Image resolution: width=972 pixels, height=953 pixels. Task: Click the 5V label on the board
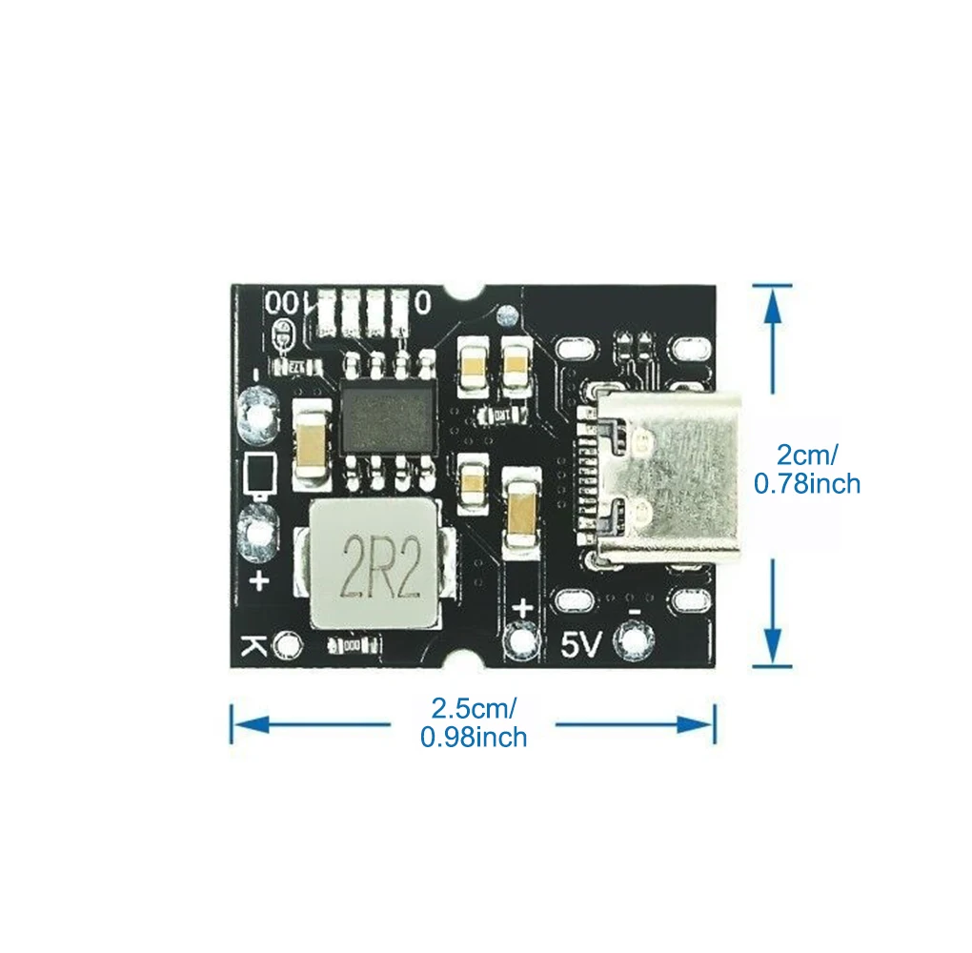click(579, 646)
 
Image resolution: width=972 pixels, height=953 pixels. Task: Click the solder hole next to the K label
click(286, 647)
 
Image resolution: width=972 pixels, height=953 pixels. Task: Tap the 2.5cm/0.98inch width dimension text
click(474, 722)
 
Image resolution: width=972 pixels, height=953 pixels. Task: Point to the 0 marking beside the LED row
click(422, 303)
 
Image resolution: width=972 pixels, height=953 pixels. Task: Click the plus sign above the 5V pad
click(523, 606)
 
